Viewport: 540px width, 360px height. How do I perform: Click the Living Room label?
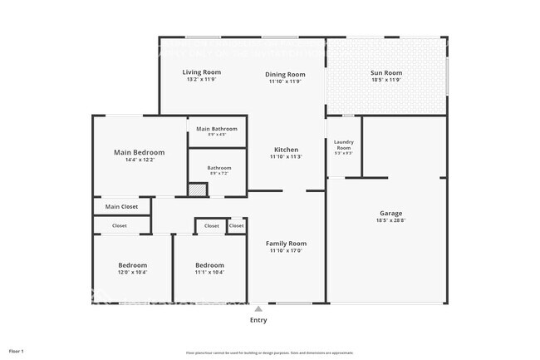click(x=200, y=72)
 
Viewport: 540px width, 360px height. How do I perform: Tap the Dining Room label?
click(x=285, y=74)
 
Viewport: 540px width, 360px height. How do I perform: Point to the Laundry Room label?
click(x=343, y=145)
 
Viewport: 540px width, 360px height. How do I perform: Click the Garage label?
click(x=385, y=214)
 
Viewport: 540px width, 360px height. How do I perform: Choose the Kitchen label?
click(x=285, y=150)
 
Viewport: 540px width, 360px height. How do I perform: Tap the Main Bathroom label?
click(x=217, y=129)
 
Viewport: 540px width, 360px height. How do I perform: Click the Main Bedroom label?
click(x=139, y=152)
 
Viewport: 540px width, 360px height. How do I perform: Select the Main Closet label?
click(x=121, y=207)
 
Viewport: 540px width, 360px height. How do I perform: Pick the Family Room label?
click(x=286, y=243)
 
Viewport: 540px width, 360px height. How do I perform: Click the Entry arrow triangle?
click(x=258, y=308)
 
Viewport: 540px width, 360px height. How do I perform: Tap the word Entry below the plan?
click(x=258, y=320)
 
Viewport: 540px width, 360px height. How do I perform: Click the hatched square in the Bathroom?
click(x=196, y=190)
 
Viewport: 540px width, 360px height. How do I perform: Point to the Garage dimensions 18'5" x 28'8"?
click(x=385, y=221)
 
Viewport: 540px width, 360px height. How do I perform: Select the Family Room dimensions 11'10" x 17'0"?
click(x=286, y=250)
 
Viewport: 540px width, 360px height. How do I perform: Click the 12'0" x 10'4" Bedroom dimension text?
click(x=133, y=272)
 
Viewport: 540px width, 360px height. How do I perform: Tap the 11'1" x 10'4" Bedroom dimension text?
click(x=209, y=272)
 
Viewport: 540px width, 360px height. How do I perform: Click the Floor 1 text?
click(x=17, y=351)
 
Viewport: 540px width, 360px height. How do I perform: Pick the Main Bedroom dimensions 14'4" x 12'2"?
click(x=139, y=160)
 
